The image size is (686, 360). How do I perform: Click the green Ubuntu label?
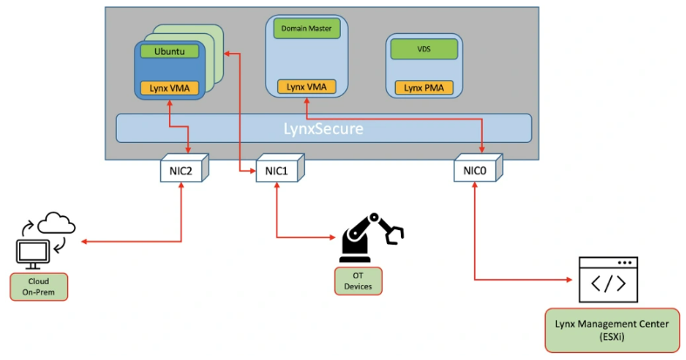click(x=171, y=51)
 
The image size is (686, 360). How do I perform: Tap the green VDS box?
click(x=424, y=49)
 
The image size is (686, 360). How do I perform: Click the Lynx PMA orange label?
click(x=424, y=87)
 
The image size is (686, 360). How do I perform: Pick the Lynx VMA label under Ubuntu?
click(x=171, y=87)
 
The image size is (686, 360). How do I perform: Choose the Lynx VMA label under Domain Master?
click(x=306, y=86)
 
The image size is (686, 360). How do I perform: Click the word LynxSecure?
click(x=323, y=128)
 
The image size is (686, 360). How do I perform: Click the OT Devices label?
click(x=357, y=282)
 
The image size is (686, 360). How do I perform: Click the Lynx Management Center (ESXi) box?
click(x=612, y=329)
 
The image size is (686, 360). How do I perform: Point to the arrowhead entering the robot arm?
click(x=334, y=237)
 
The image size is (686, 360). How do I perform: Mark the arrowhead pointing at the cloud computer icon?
click(x=83, y=241)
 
